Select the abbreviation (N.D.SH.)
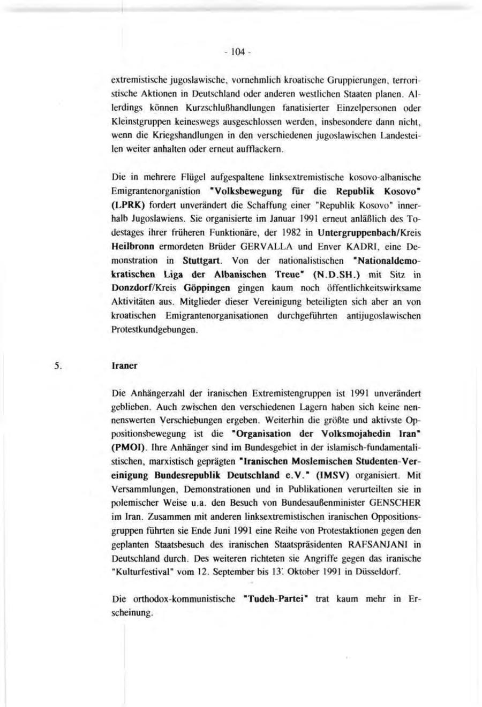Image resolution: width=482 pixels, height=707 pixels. click(x=350, y=275)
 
